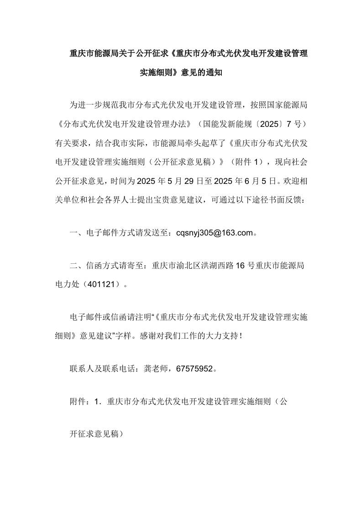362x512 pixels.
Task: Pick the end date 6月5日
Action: point(256,182)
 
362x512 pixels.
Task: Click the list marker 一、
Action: point(73,234)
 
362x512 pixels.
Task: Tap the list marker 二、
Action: point(73,266)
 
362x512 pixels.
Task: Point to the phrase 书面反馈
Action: point(288,200)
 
